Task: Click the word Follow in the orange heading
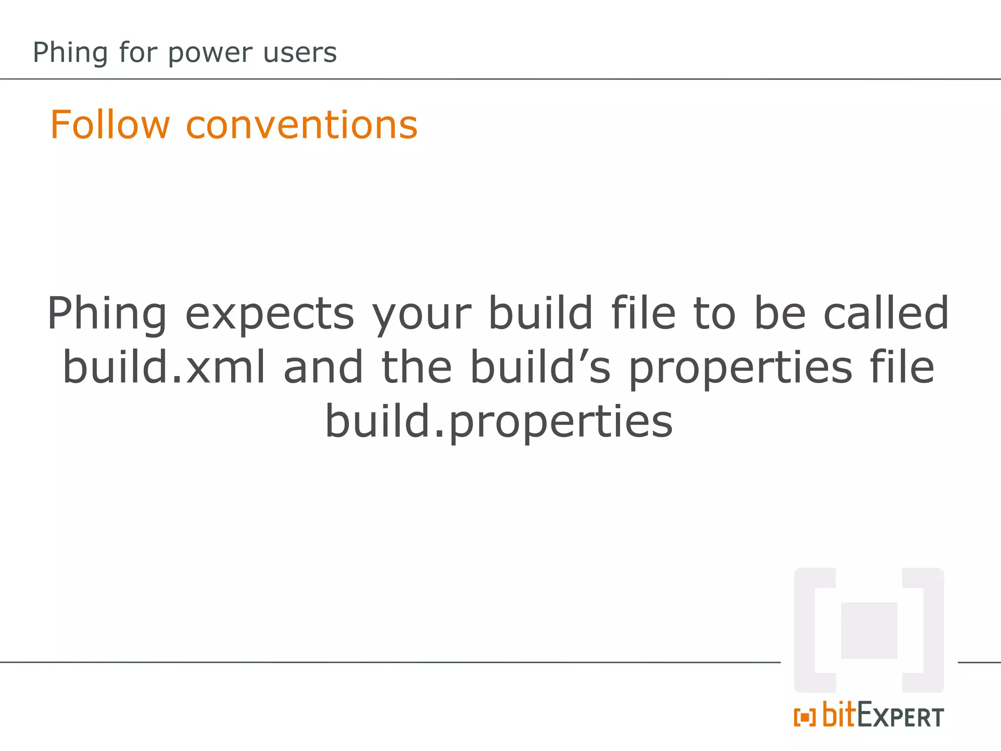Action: click(x=110, y=125)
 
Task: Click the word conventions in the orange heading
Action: click(x=302, y=125)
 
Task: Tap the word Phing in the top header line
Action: click(x=70, y=53)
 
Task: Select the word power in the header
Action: click(x=211, y=53)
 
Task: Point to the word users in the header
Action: click(x=300, y=53)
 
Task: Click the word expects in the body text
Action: click(x=269, y=314)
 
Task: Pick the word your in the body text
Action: click(x=421, y=314)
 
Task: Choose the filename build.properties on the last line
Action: click(x=499, y=421)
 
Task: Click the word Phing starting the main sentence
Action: click(x=107, y=314)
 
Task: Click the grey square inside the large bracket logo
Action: click(x=869, y=630)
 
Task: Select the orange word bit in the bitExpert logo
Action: click(x=839, y=715)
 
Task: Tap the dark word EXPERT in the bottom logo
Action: click(x=900, y=717)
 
